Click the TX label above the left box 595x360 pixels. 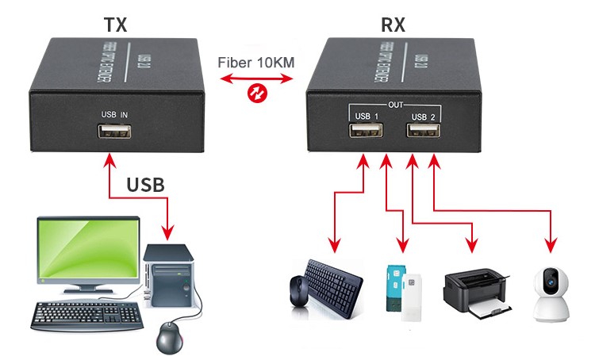116,24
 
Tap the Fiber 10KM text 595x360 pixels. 255,63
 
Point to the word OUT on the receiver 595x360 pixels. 393,104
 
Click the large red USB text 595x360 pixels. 146,186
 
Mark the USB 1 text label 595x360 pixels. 366,117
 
